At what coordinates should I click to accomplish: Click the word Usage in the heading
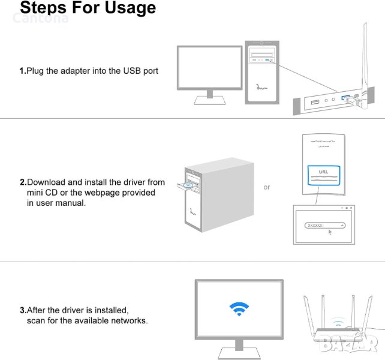click(130, 8)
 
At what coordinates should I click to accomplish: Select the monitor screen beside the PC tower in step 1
click(210, 67)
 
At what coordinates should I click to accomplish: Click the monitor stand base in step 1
click(210, 100)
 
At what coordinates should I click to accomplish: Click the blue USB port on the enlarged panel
click(345, 98)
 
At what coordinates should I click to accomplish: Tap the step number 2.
click(23, 182)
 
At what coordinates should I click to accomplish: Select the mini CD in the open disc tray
click(188, 185)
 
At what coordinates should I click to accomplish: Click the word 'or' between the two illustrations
click(267, 187)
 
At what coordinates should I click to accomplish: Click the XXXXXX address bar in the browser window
click(325, 226)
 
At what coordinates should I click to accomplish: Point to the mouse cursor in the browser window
click(330, 232)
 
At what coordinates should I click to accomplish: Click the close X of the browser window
click(351, 208)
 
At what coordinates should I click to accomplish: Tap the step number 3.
click(23, 310)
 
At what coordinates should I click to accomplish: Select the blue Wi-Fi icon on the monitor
click(239, 309)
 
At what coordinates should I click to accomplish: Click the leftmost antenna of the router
click(309, 315)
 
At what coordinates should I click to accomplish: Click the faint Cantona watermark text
click(41, 18)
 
